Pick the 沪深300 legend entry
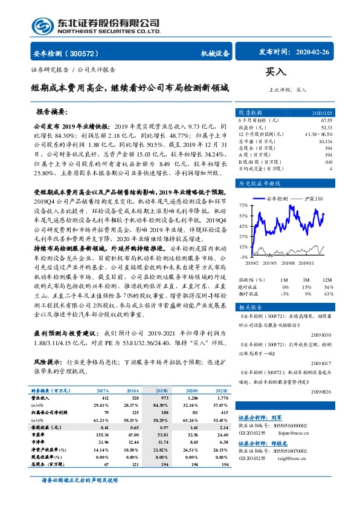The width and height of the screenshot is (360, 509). tap(312, 198)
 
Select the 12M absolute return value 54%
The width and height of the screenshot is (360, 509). tap(329, 286)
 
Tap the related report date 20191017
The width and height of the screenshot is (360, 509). tap(321, 363)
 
